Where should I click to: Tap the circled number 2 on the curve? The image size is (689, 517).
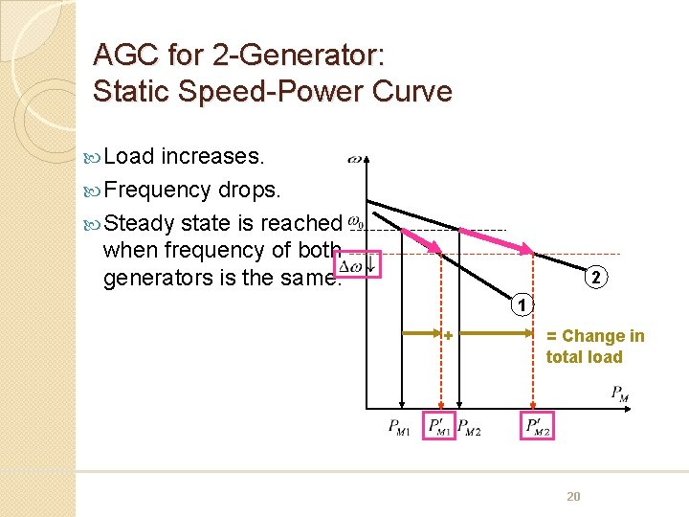[595, 279]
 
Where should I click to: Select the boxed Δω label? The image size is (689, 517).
[358, 264]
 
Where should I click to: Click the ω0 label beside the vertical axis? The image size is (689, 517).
[356, 223]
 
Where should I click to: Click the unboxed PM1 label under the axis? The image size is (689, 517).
[400, 428]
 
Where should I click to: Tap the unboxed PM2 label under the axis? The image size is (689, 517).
[469, 428]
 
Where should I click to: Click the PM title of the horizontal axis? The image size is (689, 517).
[620, 392]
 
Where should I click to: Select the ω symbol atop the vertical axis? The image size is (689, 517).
[355, 158]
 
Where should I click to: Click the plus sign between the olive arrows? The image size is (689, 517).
[448, 335]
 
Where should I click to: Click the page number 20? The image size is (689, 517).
[573, 495]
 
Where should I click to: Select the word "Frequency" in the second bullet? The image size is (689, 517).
[157, 190]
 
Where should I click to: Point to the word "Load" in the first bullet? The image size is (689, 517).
[130, 156]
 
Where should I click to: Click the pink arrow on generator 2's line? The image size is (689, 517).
[495, 240]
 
